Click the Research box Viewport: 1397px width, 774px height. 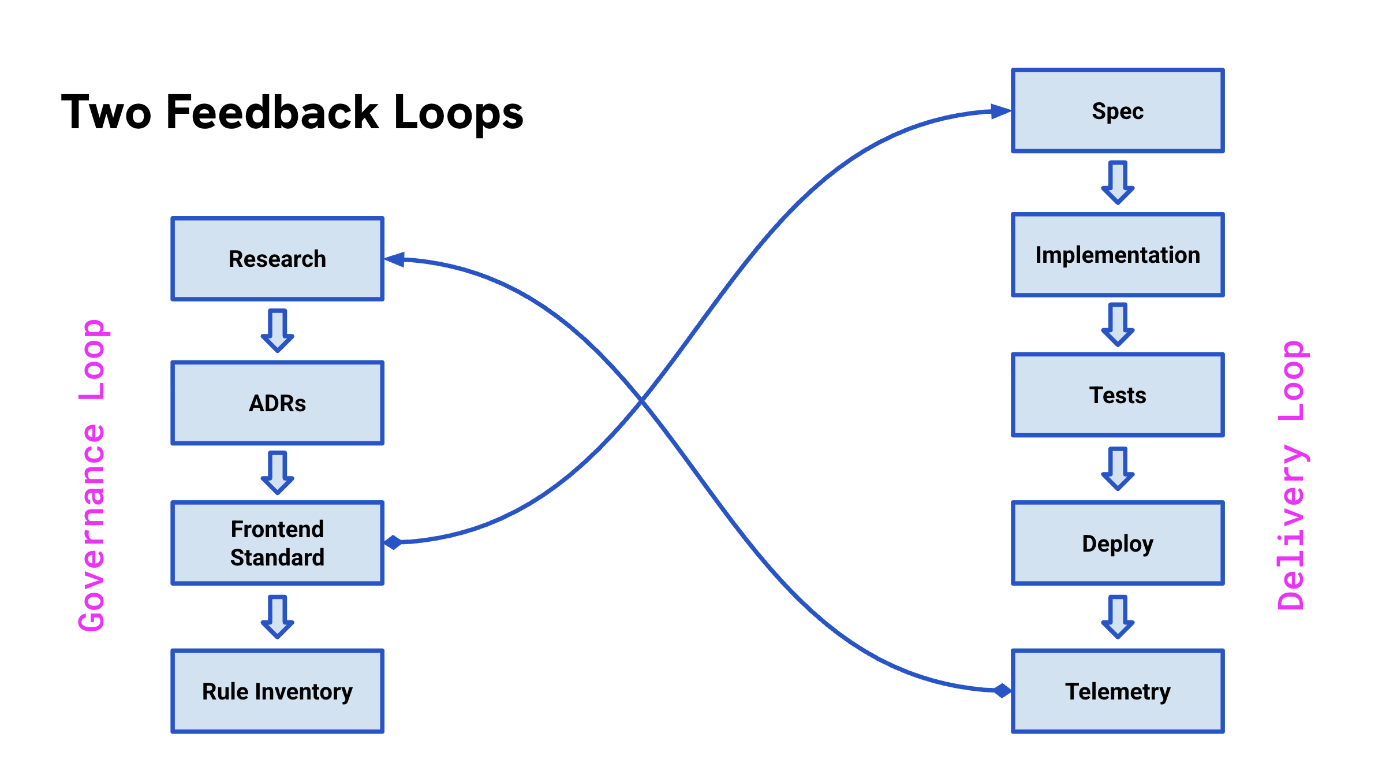pos(278,259)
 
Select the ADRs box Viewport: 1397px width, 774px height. pos(278,403)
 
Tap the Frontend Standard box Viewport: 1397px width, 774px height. pos(278,543)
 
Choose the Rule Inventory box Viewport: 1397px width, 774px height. pos(278,691)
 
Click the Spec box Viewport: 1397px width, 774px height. pos(1118,110)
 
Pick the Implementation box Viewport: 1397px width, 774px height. pos(1118,255)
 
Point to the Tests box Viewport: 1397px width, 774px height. pos(1118,395)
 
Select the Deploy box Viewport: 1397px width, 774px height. pos(1118,543)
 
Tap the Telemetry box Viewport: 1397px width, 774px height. pos(1118,691)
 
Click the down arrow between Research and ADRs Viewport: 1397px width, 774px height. pos(278,331)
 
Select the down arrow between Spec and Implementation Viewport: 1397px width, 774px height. pos(1118,183)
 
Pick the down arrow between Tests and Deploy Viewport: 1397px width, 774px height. pos(1118,469)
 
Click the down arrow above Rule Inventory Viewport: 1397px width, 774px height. pos(278,617)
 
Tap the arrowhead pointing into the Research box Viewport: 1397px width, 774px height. pos(395,259)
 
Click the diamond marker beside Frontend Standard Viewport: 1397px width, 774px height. pos(393,542)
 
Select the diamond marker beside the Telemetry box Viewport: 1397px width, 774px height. pos(1003,690)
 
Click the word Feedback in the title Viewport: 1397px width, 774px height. pos(272,112)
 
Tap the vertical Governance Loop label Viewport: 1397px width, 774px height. pos(92,475)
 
